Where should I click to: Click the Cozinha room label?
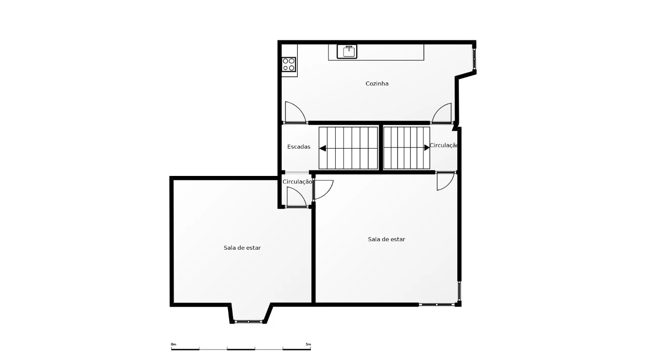[x=377, y=84]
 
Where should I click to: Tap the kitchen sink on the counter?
[x=347, y=52]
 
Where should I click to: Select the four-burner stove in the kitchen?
[x=289, y=64]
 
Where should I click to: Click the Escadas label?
[x=299, y=147]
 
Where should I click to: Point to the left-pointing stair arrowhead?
[x=322, y=148]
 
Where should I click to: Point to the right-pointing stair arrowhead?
[x=427, y=148]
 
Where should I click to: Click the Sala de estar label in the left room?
[x=242, y=248]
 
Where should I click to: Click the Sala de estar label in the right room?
[x=387, y=240]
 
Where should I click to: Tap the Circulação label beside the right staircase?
[x=444, y=146]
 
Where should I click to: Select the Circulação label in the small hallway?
[x=297, y=182]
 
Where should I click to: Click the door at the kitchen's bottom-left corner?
[x=295, y=112]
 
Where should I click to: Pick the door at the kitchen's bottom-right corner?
[x=442, y=113]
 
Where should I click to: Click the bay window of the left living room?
[x=248, y=322]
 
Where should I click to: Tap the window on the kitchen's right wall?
[x=474, y=59]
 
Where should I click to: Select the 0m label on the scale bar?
[x=173, y=344]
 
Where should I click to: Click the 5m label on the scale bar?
[x=308, y=344]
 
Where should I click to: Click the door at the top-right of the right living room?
[x=446, y=181]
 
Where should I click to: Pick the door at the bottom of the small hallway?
[x=297, y=197]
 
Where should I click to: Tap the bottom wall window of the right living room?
[x=437, y=304]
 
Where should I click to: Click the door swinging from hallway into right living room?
[x=323, y=190]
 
